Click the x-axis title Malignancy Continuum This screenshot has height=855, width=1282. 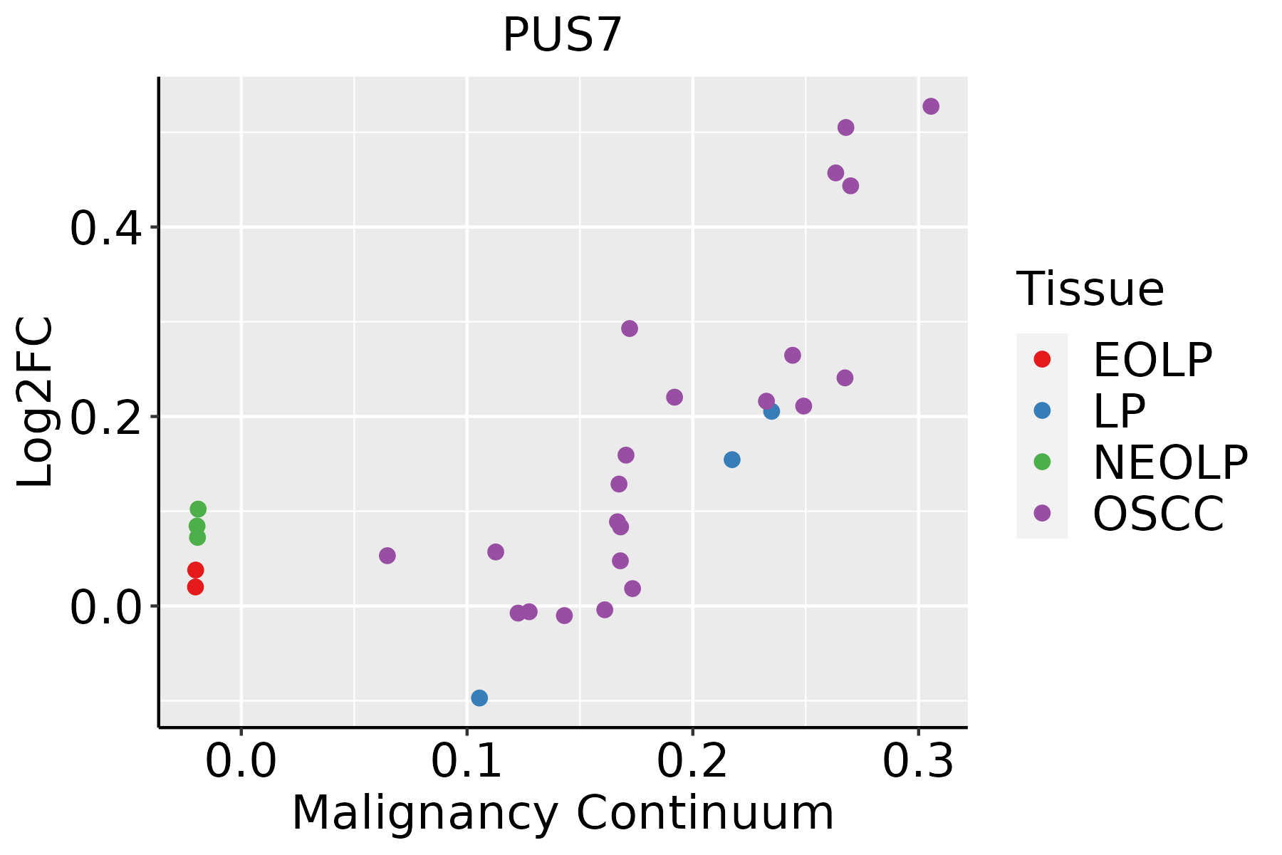562,813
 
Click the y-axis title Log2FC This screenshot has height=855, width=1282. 36,403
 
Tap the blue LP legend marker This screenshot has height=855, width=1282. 1042,410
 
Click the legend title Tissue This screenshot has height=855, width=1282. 1090,289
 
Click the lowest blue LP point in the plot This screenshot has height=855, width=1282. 479,698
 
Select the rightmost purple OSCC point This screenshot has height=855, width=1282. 931,106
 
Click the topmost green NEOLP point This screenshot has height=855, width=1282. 198,509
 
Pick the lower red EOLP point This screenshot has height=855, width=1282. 195,587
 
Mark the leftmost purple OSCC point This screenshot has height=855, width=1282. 387,556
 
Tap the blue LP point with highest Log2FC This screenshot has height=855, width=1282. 771,411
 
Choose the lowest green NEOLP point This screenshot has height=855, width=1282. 197,537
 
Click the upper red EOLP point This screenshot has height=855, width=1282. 195,570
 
